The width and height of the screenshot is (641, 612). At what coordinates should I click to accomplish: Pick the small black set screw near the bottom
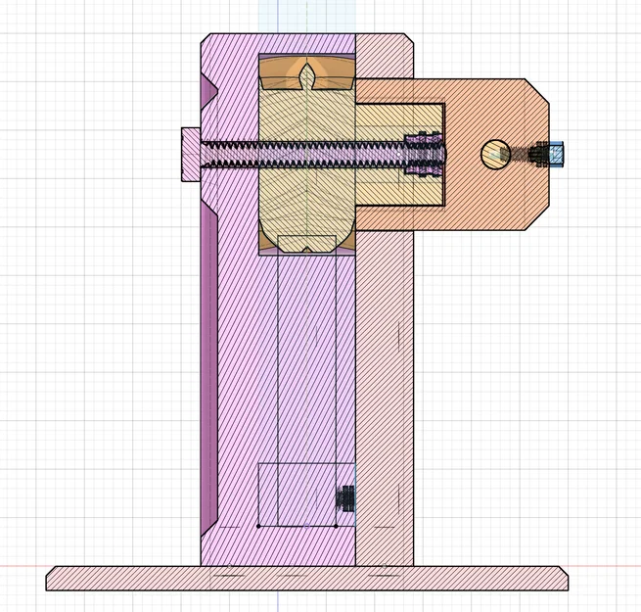click(x=344, y=498)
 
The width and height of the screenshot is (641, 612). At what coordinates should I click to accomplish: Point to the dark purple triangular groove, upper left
click(x=206, y=94)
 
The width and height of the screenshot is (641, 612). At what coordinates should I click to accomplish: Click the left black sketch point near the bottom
click(x=258, y=526)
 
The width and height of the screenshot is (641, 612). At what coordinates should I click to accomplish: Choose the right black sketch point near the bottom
click(x=336, y=526)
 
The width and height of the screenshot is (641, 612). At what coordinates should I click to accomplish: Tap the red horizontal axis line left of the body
click(x=24, y=566)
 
